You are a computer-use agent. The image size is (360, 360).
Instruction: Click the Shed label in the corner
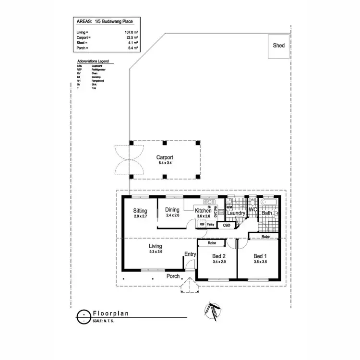click(278, 46)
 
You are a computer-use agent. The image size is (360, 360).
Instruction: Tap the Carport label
click(165, 157)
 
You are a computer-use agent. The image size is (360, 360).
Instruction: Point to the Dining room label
click(172, 210)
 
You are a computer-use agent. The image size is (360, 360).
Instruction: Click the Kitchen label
click(204, 210)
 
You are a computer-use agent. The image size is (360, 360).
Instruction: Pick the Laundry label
click(236, 213)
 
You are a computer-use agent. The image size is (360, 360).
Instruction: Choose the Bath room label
click(267, 213)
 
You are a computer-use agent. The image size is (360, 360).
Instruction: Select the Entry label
click(190, 254)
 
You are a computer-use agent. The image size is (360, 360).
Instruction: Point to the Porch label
click(173, 276)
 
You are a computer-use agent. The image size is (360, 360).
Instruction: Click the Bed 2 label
click(218, 256)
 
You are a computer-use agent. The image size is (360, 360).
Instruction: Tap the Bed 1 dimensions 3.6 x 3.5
click(260, 262)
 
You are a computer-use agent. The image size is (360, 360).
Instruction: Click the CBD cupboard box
click(227, 225)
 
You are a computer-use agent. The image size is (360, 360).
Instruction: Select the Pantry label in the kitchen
click(210, 224)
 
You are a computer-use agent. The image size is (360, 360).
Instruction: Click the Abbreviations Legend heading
click(93, 62)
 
